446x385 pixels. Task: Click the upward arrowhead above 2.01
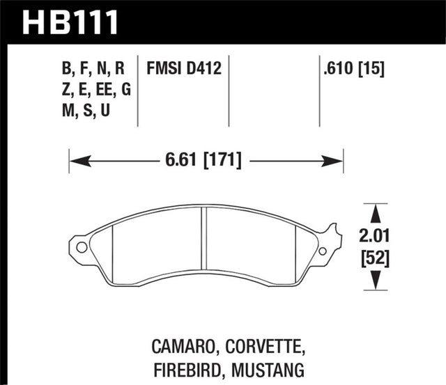376,211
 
